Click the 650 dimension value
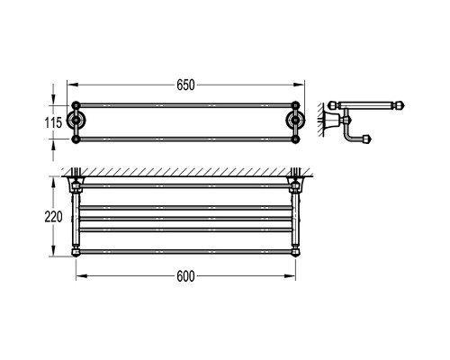click(185, 85)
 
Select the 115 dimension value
click(53, 122)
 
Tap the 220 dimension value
click(53, 217)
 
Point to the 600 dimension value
click(185, 276)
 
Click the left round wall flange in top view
click(76, 121)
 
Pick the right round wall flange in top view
click(295, 121)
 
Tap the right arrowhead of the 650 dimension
click(299, 85)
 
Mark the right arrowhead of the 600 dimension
click(290, 276)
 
